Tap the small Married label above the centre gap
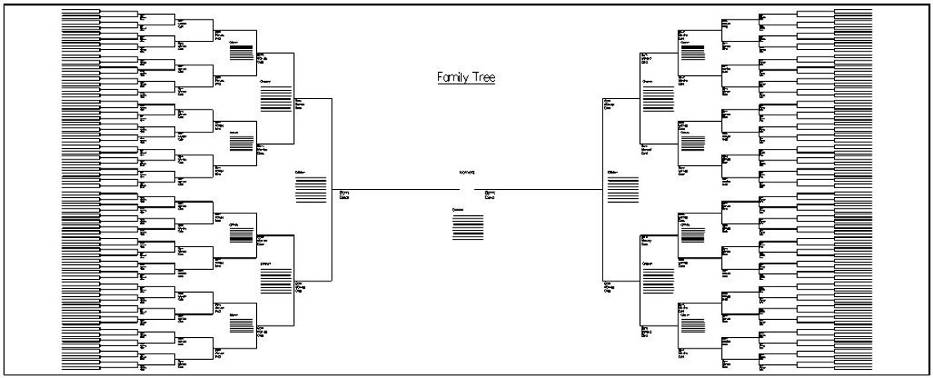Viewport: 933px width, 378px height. (x=467, y=173)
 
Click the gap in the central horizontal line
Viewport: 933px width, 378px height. (x=468, y=191)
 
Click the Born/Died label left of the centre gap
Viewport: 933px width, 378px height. (x=345, y=195)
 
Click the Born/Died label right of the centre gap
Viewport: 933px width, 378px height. (x=491, y=195)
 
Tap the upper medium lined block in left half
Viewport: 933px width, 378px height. (x=273, y=99)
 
